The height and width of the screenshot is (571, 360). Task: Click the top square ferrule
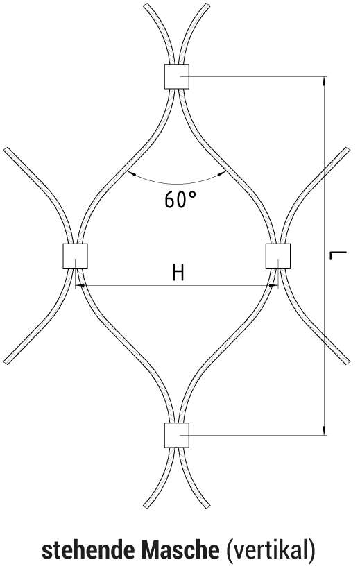click(x=177, y=76)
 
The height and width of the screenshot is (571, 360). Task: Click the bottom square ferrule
click(x=177, y=435)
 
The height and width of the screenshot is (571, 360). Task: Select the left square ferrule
click(x=76, y=256)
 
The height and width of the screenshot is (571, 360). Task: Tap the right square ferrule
click(x=278, y=256)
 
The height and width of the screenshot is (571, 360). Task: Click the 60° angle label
click(x=180, y=200)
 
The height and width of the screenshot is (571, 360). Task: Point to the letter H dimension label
click(x=178, y=273)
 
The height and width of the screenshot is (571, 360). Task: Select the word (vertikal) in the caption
click(x=271, y=550)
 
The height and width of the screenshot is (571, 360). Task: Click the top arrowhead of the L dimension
click(x=324, y=81)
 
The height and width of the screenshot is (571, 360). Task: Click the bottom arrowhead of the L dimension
click(x=324, y=430)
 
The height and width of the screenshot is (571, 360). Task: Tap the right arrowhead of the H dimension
click(x=273, y=286)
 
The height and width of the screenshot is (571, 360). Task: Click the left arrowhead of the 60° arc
click(x=132, y=174)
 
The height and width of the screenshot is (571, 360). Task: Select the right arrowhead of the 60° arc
click(x=221, y=174)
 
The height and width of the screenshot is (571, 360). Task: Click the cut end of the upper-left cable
click(x=6, y=149)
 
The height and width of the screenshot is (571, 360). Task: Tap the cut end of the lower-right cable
click(x=348, y=362)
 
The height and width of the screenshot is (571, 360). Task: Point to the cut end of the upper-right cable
click(x=348, y=149)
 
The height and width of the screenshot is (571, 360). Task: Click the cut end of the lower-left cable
click(x=6, y=362)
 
